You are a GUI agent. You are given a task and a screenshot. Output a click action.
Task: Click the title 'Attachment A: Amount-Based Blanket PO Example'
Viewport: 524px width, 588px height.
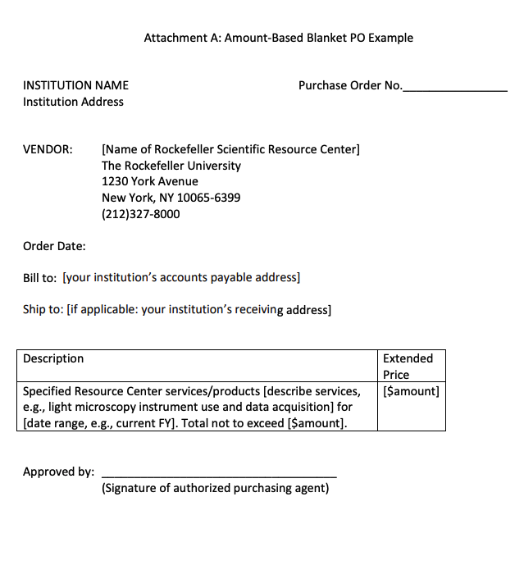point(278,38)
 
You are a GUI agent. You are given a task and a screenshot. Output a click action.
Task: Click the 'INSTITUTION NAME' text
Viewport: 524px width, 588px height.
point(75,85)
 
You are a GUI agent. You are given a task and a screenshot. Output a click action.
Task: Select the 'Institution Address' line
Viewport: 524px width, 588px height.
point(73,102)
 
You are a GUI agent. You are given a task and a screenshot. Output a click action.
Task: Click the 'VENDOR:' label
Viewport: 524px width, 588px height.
point(48,149)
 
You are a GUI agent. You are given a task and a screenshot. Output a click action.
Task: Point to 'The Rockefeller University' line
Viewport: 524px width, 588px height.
point(171,166)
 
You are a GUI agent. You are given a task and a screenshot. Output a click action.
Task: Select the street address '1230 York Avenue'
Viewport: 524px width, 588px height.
point(149,181)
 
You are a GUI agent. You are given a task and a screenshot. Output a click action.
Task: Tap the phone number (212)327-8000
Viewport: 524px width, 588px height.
point(140,214)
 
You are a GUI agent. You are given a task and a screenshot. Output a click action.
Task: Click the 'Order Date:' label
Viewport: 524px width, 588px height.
point(54,246)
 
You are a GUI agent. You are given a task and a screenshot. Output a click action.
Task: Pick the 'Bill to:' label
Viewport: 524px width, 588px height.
point(39,278)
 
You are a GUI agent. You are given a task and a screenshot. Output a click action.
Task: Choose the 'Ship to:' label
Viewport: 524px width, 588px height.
point(43,310)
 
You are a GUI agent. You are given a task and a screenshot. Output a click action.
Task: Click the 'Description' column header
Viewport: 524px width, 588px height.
point(53,358)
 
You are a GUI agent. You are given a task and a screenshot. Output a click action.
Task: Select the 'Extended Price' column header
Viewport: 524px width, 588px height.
point(408,366)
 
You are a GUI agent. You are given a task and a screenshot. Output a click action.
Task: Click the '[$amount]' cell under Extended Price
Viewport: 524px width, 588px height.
point(411,391)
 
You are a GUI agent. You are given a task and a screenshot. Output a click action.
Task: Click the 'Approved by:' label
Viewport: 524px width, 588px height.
point(58,472)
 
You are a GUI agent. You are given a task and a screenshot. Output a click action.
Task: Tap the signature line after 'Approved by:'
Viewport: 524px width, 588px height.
point(219,475)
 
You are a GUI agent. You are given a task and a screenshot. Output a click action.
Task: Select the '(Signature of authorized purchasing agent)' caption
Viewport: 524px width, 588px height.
point(215,488)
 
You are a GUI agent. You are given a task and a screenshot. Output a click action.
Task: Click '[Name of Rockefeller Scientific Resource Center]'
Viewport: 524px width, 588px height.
point(230,149)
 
